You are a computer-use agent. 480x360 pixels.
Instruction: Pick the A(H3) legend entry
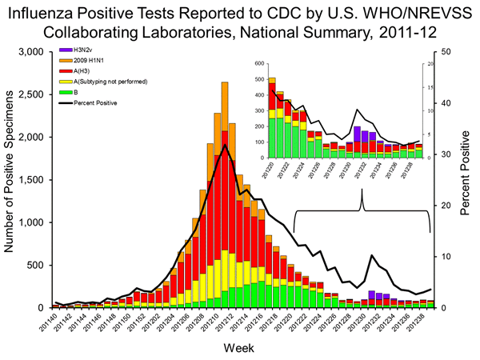78,71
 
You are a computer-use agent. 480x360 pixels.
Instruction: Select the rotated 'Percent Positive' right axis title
465,179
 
